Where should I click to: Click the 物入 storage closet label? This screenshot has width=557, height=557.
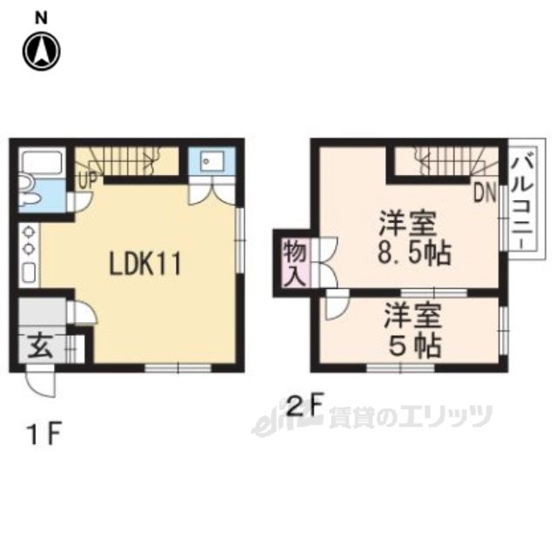click(x=291, y=262)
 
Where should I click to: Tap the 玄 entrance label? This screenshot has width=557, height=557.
click(x=40, y=346)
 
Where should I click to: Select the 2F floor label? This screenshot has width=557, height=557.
click(x=305, y=406)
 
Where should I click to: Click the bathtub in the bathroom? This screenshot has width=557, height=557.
click(x=40, y=163)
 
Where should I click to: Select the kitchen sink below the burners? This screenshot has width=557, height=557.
click(x=27, y=272)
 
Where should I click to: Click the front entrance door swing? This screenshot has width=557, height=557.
click(x=40, y=379)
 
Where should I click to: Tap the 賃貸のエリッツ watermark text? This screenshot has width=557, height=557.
click(x=410, y=419)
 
